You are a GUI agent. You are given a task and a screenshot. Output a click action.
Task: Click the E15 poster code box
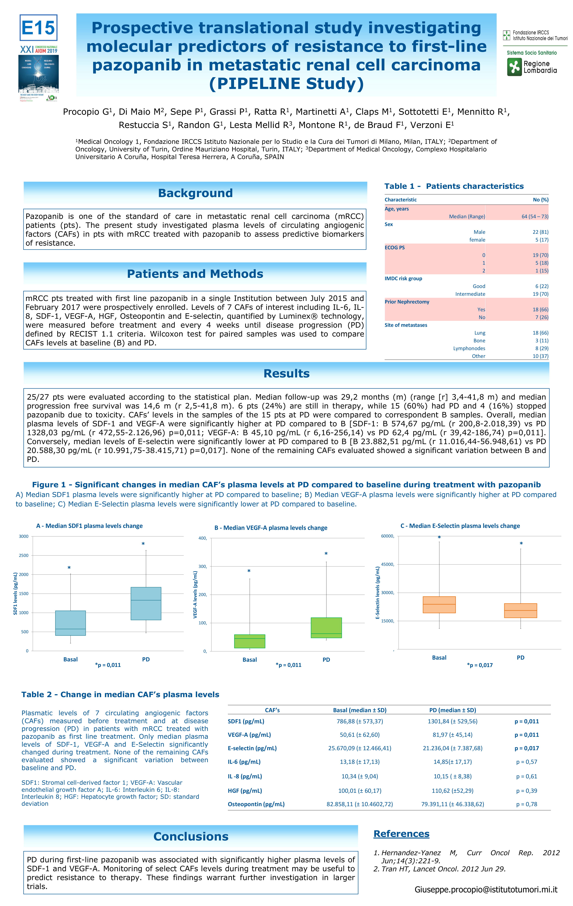(38, 28)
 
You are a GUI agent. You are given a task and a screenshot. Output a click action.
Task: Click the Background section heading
(195, 193)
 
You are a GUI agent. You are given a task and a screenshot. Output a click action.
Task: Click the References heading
(401, 834)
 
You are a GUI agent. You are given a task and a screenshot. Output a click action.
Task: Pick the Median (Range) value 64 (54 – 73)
(535, 217)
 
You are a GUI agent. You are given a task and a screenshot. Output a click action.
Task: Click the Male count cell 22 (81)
(540, 232)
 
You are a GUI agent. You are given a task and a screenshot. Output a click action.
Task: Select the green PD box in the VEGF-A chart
(326, 628)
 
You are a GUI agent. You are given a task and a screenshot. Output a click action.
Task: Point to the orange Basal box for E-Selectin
(439, 605)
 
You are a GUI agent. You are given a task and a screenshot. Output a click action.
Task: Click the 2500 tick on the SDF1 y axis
(24, 555)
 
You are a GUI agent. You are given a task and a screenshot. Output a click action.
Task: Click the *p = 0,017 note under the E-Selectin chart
(480, 665)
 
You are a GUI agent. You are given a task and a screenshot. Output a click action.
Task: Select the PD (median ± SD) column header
(453, 710)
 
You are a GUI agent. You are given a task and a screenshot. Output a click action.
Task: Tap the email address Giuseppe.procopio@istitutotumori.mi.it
(486, 889)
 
